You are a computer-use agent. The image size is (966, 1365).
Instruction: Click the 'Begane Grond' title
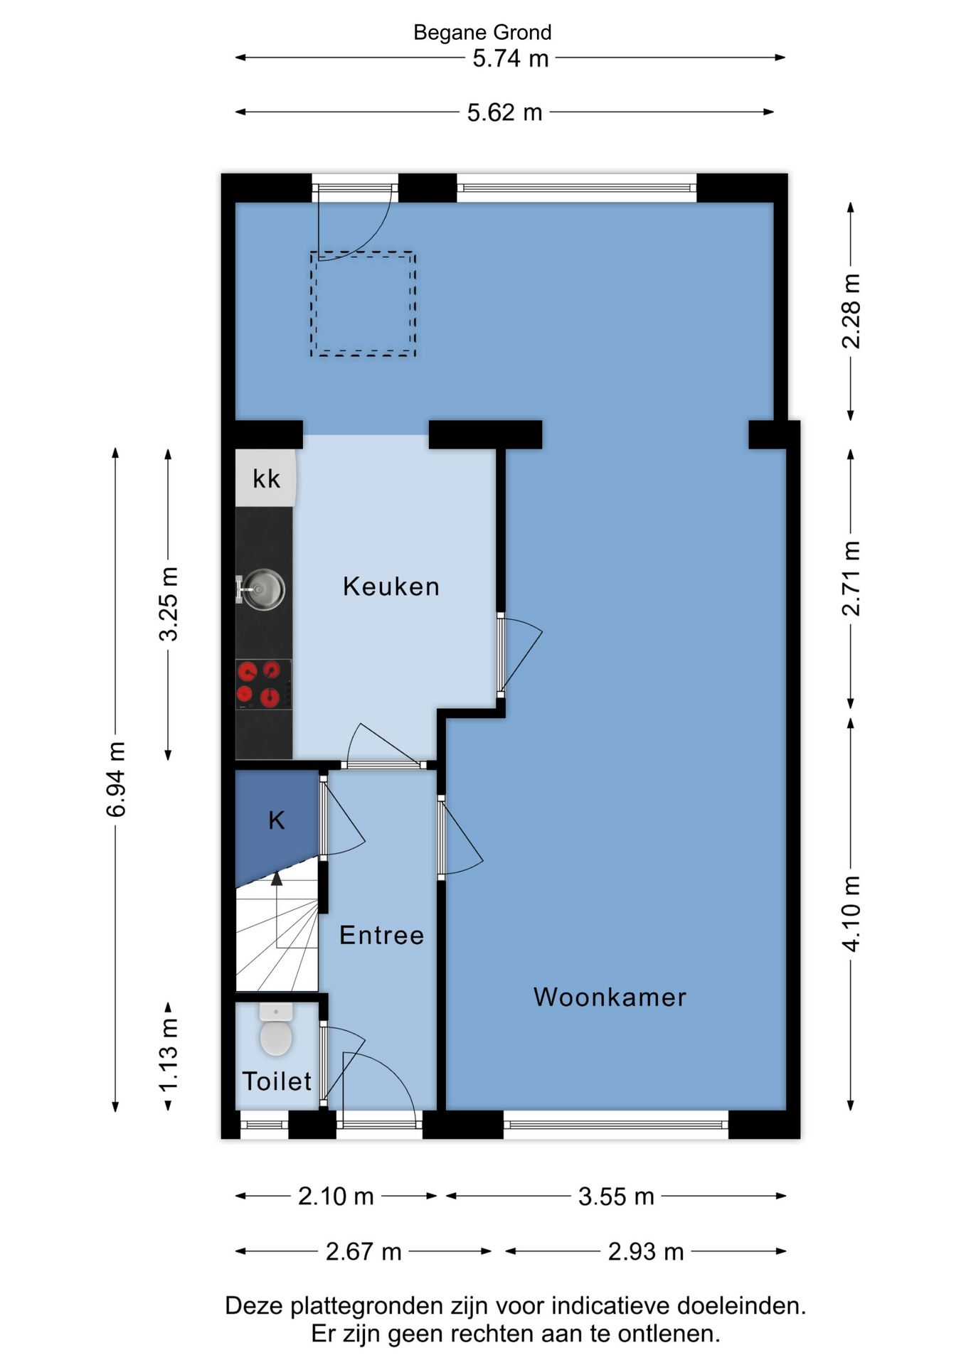click(x=482, y=33)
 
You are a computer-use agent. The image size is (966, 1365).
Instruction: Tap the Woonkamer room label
click(x=610, y=997)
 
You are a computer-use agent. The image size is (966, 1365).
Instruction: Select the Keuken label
click(x=391, y=587)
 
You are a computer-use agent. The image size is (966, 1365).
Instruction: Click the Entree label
click(x=381, y=935)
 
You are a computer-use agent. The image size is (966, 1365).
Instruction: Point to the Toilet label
click(x=277, y=1081)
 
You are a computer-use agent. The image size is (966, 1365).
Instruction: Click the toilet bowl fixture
click(x=276, y=1030)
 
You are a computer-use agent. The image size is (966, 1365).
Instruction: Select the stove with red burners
click(x=263, y=684)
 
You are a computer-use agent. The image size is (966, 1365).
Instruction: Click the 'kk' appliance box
click(x=266, y=478)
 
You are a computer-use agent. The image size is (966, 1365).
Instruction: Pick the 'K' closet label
click(x=277, y=820)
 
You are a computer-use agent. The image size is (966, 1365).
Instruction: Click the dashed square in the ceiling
click(x=363, y=304)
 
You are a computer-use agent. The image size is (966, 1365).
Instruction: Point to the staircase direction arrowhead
click(x=277, y=878)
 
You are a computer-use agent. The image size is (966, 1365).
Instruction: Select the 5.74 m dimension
click(x=511, y=58)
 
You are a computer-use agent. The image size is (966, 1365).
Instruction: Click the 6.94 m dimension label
click(x=116, y=779)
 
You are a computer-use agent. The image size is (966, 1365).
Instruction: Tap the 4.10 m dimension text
click(x=851, y=914)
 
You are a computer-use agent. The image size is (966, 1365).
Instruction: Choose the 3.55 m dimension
click(x=616, y=1197)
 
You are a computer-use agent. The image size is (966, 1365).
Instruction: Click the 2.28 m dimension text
click(x=851, y=311)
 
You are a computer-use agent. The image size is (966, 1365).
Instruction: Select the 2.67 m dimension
click(x=363, y=1251)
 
